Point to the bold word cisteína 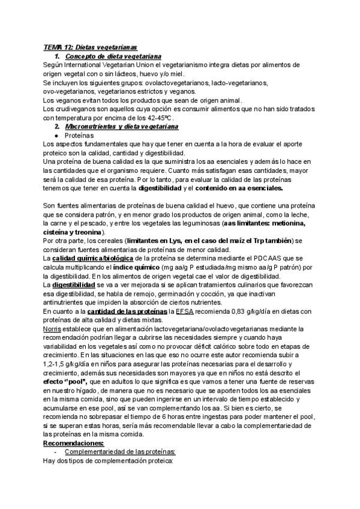(61, 232)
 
